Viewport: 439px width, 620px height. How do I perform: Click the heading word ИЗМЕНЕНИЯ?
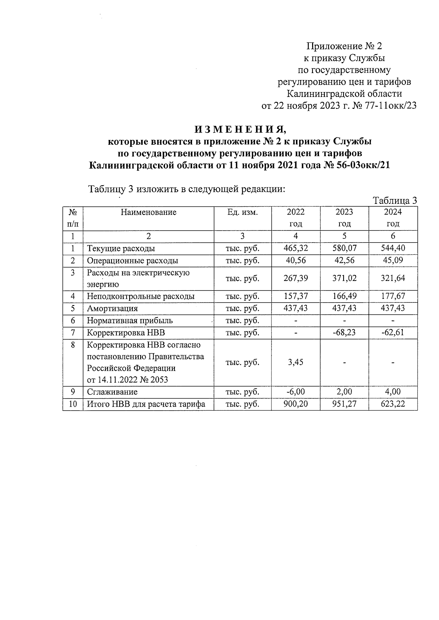(x=240, y=130)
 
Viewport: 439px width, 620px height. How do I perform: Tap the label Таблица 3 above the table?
(x=395, y=201)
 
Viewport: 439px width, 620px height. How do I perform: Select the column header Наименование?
(x=149, y=212)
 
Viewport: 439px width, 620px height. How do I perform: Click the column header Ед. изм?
(x=243, y=212)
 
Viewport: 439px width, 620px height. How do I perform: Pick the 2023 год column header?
(x=344, y=218)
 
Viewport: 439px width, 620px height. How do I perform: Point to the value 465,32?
(x=296, y=248)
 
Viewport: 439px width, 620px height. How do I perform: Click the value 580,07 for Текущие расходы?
(x=344, y=248)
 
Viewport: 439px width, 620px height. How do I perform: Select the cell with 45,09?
(x=393, y=260)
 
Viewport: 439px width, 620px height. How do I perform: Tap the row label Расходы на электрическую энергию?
(x=138, y=278)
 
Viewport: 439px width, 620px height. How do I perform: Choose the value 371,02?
(x=344, y=278)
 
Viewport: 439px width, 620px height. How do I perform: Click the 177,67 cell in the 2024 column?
(x=393, y=296)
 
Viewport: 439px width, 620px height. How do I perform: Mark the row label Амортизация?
(x=112, y=308)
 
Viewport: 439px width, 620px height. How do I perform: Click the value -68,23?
(x=344, y=333)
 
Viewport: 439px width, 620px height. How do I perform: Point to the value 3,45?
(x=296, y=362)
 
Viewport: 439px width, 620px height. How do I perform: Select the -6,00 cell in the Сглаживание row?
(x=296, y=392)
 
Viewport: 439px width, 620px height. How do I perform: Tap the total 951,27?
(x=344, y=404)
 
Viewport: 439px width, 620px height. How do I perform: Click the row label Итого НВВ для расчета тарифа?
(x=146, y=404)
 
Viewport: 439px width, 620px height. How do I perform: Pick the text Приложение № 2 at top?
(x=344, y=46)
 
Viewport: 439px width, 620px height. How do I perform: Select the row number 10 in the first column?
(x=73, y=404)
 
